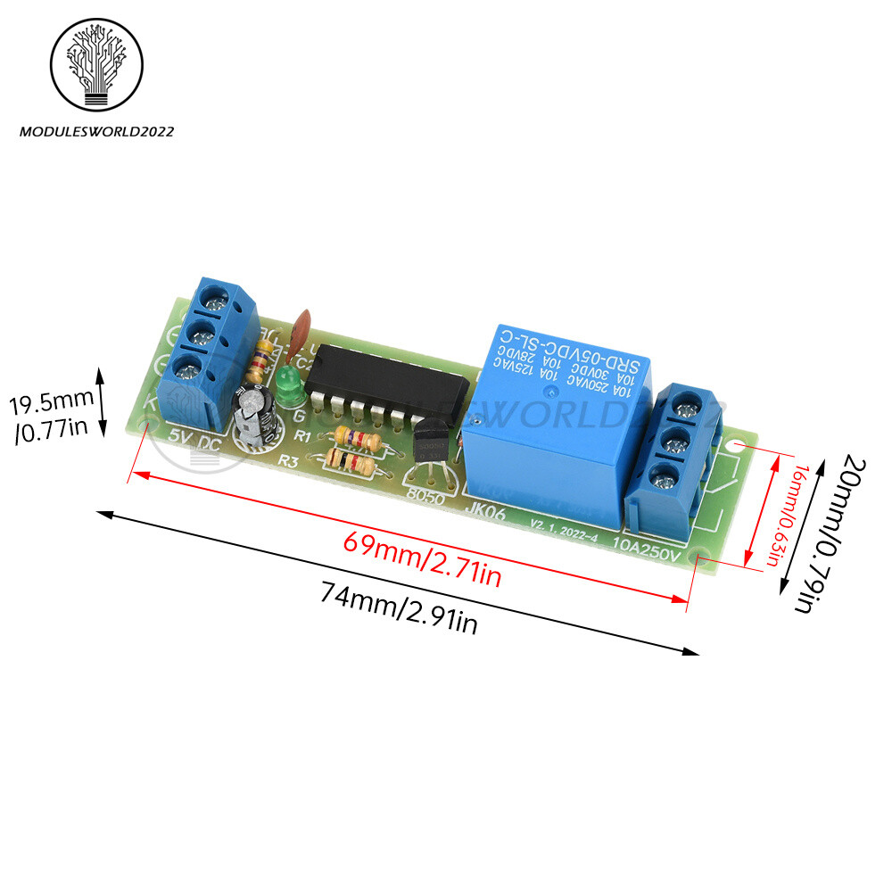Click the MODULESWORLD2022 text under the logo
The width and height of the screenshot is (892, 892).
[x=97, y=132]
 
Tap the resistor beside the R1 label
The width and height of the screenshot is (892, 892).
[x=356, y=439]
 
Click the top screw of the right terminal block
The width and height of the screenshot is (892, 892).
[x=687, y=409]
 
